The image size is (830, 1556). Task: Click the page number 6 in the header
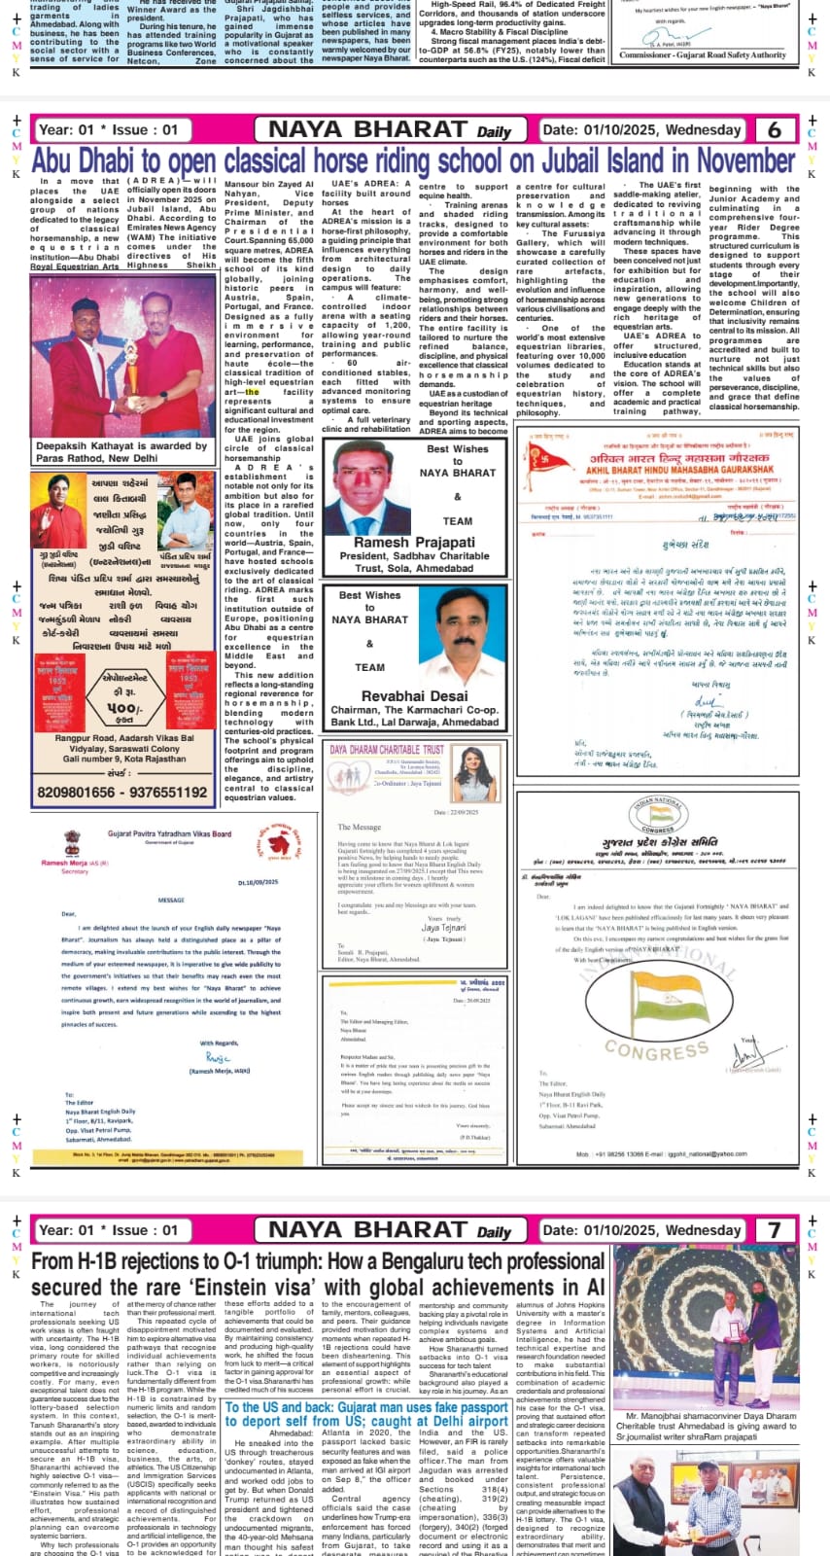coord(774,129)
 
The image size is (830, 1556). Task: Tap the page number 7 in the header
coord(774,1229)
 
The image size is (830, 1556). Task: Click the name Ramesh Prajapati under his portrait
coord(415,542)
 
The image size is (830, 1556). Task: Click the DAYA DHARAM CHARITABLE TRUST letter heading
coord(387,750)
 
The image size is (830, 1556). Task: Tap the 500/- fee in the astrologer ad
coord(122,708)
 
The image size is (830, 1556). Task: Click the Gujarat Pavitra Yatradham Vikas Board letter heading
coord(169,833)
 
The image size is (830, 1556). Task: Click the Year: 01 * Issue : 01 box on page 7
coord(109,1229)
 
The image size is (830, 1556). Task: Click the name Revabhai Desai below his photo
coord(415,696)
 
